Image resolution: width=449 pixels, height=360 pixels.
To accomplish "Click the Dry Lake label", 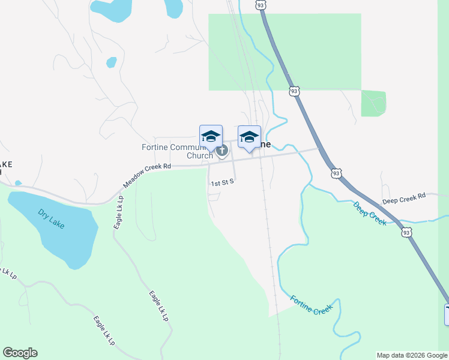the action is click(51, 218).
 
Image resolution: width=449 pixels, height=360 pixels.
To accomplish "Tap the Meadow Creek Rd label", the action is click(147, 175).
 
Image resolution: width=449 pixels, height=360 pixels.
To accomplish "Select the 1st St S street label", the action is click(221, 182).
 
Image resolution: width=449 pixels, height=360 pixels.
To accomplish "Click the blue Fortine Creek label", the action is click(311, 305).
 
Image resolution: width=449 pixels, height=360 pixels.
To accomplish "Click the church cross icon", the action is click(222, 150).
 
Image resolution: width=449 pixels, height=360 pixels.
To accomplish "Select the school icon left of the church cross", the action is click(211, 137).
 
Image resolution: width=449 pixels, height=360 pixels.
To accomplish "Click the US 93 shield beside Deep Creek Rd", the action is click(336, 173).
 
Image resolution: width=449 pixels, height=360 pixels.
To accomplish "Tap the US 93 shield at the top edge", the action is click(259, 5).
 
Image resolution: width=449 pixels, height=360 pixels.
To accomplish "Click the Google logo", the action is click(20, 353).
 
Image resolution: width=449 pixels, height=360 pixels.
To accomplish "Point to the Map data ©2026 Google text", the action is click(412, 355).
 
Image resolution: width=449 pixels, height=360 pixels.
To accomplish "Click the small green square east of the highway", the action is click(373, 103).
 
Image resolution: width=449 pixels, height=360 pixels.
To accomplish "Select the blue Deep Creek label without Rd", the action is click(369, 214).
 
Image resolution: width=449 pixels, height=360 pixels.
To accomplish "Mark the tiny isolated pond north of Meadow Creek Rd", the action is click(111, 62).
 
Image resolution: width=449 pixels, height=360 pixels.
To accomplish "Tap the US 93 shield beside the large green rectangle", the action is click(294, 91).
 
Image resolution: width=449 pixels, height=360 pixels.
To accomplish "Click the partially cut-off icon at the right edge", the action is click(446, 314).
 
